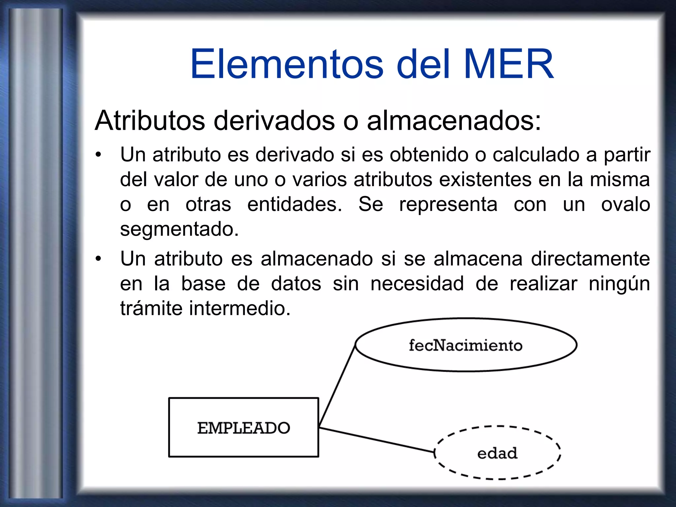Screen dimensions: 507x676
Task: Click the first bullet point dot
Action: point(98,155)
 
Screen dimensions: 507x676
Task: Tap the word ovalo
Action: point(625,204)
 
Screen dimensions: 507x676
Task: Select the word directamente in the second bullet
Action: point(590,258)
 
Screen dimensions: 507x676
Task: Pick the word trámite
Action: point(151,308)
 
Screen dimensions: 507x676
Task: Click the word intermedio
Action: point(240,308)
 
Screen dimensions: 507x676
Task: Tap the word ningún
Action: point(619,284)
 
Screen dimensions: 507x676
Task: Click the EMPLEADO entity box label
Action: point(244,428)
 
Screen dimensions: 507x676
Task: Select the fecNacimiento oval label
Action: point(465,346)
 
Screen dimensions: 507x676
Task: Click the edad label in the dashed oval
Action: point(497,453)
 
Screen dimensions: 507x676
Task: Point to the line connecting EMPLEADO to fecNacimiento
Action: point(337,386)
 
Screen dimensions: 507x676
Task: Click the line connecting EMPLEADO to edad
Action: point(376,440)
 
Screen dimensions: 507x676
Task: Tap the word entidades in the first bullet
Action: point(294,204)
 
